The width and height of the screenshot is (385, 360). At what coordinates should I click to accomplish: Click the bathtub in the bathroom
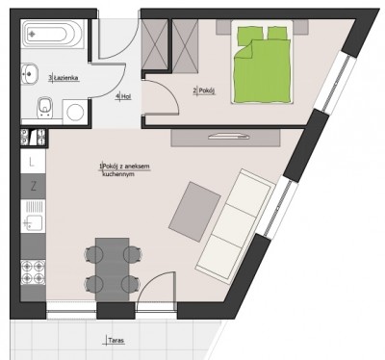(x=53, y=34)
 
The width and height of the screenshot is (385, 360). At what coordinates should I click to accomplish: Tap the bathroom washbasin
(x=30, y=73)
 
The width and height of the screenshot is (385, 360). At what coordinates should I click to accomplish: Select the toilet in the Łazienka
(x=45, y=108)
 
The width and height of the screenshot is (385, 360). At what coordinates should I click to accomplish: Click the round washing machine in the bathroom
(x=75, y=112)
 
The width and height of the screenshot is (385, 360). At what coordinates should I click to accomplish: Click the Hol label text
(x=123, y=96)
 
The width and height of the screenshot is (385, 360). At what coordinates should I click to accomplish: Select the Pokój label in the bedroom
(x=204, y=91)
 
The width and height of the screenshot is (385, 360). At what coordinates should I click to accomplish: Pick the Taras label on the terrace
(x=115, y=341)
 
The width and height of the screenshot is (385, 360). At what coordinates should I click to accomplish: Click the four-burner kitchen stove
(x=33, y=272)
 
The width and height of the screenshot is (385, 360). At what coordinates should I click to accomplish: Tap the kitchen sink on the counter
(x=33, y=217)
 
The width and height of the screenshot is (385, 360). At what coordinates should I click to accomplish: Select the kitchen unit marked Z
(x=33, y=187)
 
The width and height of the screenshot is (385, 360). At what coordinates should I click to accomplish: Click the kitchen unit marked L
(x=33, y=162)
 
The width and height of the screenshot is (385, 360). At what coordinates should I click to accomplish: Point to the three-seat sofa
(x=236, y=223)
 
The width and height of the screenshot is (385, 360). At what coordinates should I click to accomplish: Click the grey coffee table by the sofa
(x=194, y=212)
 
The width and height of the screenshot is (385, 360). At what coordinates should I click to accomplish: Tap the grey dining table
(x=113, y=270)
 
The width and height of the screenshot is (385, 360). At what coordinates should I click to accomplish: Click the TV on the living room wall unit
(x=229, y=137)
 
